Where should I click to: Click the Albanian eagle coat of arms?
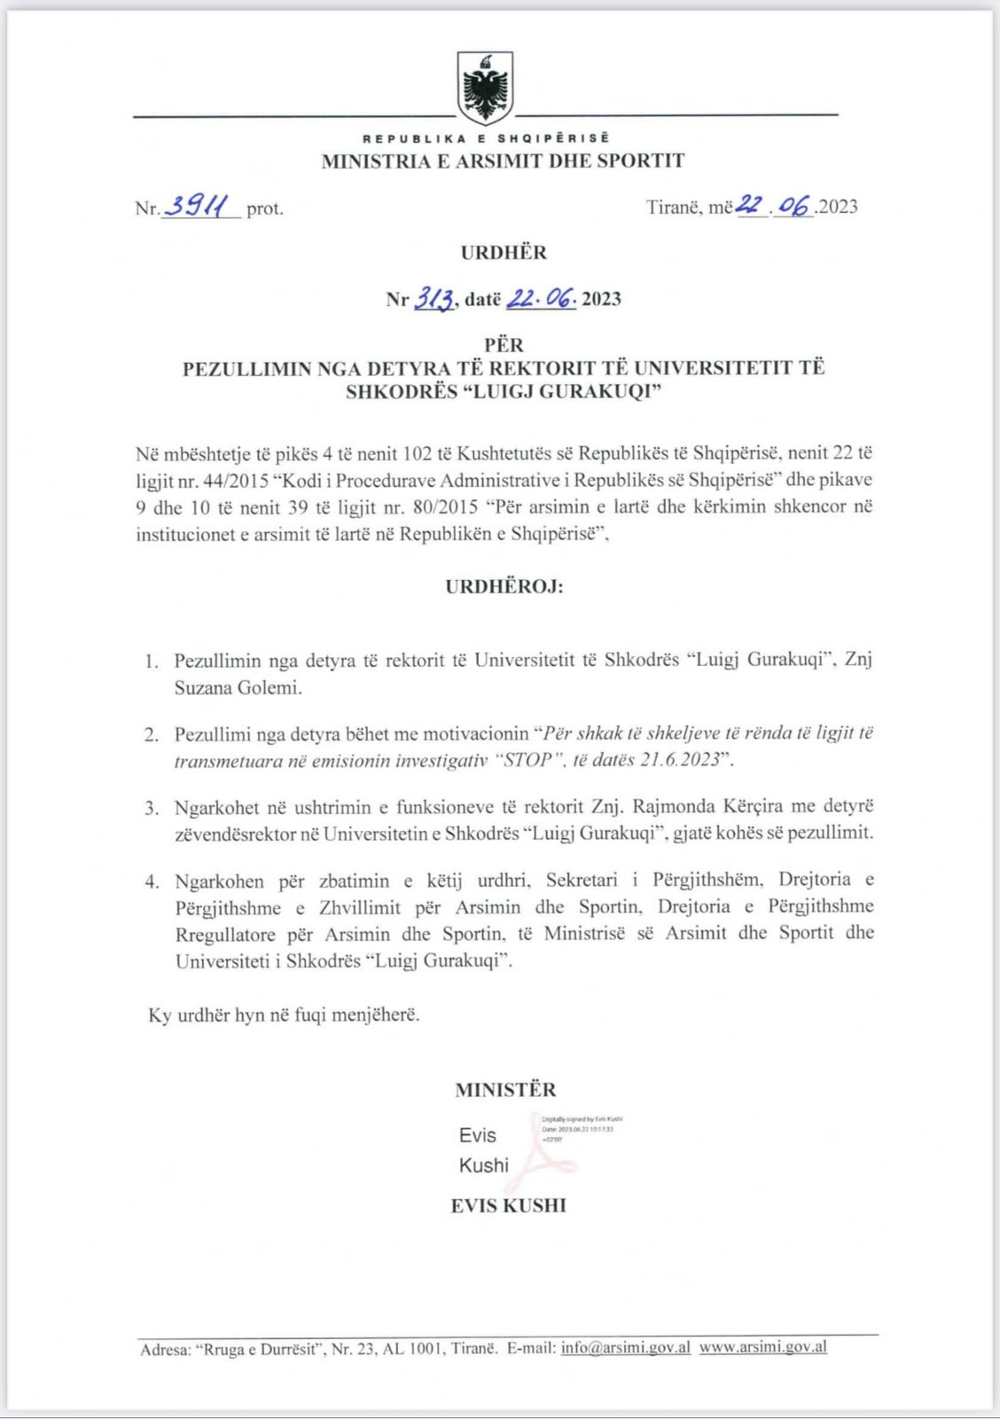click(485, 87)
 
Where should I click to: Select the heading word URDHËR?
click(504, 253)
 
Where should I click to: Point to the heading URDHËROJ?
click(504, 587)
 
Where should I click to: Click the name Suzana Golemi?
click(238, 687)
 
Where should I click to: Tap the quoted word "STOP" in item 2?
click(527, 761)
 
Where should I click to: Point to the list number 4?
click(152, 882)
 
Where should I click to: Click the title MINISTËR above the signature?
click(505, 1090)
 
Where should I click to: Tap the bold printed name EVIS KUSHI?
click(508, 1206)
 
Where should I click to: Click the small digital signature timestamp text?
click(582, 1129)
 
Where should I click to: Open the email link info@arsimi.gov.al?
click(626, 1347)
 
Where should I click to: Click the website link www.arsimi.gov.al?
click(763, 1347)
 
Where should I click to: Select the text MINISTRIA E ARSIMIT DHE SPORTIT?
click(503, 161)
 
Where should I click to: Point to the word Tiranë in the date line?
click(675, 208)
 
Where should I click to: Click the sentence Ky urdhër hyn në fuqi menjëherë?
click(284, 1015)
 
